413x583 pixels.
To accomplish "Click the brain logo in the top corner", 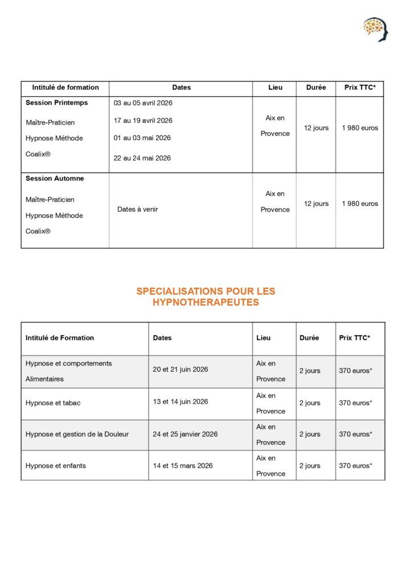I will [x=375, y=29].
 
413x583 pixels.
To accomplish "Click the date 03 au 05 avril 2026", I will [x=143, y=103].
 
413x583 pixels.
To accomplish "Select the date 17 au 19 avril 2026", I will [x=143, y=121].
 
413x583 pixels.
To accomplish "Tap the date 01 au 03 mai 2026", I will [x=142, y=138].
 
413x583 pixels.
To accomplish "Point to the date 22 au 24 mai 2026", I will [x=142, y=158].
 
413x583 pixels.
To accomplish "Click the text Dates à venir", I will [x=138, y=210].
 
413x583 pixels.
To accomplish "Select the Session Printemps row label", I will [x=57, y=103].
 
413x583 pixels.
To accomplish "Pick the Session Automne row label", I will [x=55, y=179].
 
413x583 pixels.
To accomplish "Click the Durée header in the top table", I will [x=316, y=88].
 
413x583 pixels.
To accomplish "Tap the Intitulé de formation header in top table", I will [x=66, y=88].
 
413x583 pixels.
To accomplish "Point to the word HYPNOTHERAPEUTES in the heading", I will [x=206, y=303].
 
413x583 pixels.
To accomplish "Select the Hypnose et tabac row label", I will [x=53, y=403].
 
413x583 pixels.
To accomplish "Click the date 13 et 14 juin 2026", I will [x=180, y=401].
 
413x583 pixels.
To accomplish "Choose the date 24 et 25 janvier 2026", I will [x=185, y=434].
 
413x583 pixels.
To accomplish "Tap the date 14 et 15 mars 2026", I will [x=183, y=466].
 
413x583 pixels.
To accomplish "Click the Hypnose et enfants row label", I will [x=56, y=466].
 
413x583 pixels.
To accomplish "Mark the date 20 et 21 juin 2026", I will [x=180, y=369].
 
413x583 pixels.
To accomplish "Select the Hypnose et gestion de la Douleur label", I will [x=77, y=434].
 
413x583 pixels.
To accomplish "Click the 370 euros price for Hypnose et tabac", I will [x=355, y=403].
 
